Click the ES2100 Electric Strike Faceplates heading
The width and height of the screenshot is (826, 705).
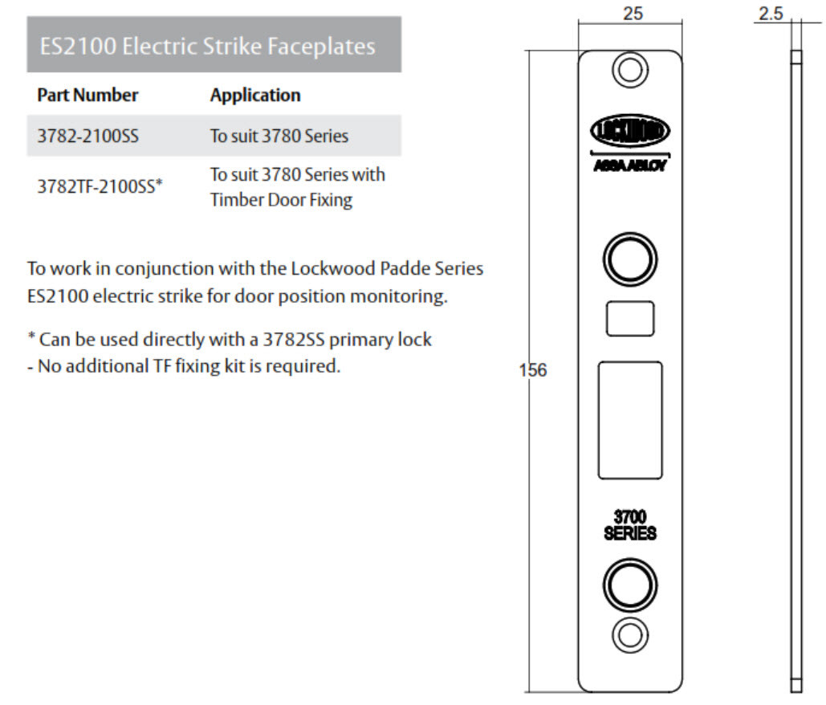coord(208,46)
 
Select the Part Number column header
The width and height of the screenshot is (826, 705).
coord(87,95)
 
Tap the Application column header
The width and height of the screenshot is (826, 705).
coord(255,95)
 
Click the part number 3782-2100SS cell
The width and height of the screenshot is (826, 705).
coord(88,136)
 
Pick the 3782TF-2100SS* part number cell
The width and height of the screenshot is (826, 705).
coord(100,186)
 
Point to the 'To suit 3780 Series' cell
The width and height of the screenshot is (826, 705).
coord(279,136)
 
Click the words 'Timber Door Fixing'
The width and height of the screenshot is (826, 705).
coord(281,200)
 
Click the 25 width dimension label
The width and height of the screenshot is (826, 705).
coord(633,13)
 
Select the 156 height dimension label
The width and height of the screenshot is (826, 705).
coord(532,370)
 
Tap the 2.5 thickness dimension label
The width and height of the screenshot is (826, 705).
coord(771,13)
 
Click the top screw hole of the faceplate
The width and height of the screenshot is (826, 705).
coord(630,70)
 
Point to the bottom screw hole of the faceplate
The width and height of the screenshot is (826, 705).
coord(630,635)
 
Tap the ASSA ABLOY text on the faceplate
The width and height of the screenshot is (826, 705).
coord(630,165)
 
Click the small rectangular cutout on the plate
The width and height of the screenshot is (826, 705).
coord(630,319)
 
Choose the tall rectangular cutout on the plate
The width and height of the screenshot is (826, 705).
coord(630,420)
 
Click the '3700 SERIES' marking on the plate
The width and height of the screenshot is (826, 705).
coord(630,525)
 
